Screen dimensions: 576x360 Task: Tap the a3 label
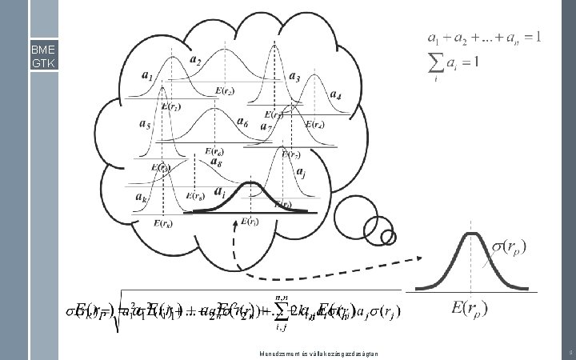point(294,78)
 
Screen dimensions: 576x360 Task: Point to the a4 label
point(334,97)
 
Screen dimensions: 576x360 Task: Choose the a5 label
point(145,124)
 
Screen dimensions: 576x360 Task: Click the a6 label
point(242,124)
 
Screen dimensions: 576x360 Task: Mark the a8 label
point(215,162)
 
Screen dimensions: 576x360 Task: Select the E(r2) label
point(225,91)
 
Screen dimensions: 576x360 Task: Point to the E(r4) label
point(314,124)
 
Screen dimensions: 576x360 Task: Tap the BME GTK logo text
point(42,56)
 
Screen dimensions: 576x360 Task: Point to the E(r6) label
point(214,151)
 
